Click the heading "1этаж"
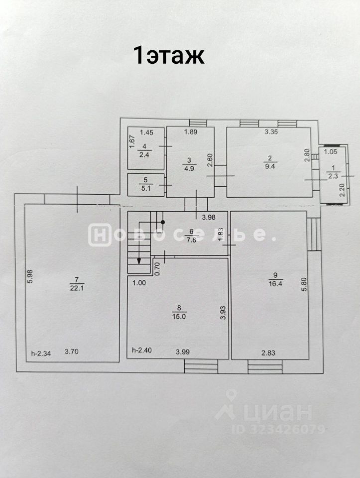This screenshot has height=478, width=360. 168,55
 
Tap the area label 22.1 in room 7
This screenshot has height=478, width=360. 74,287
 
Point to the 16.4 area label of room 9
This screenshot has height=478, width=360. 276,286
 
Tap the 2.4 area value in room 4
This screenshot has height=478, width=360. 144,154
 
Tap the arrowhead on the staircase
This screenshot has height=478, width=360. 139,260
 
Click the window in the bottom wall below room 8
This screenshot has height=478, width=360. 201,367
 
